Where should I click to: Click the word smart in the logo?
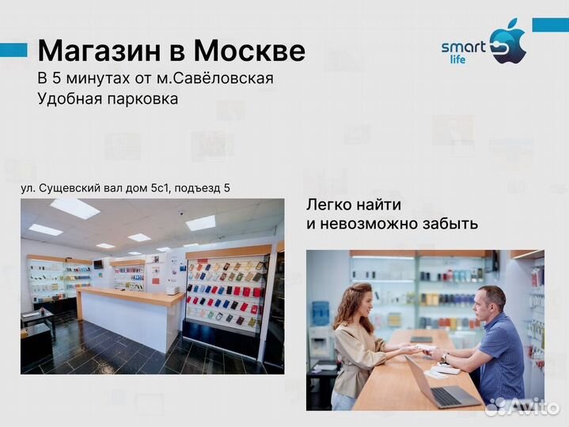[x=463, y=47]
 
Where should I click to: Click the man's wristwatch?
[x=445, y=357]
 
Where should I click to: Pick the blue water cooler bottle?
[x=321, y=313]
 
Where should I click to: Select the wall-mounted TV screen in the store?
[x=98, y=263]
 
